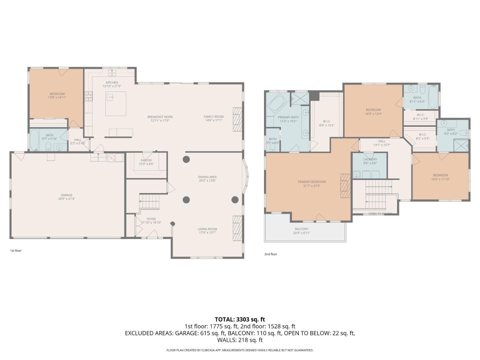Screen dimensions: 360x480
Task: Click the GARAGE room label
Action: [67, 195]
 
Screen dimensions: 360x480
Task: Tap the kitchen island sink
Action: [110, 97]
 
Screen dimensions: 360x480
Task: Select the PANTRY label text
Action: [146, 160]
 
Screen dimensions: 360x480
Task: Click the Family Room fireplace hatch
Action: [237, 116]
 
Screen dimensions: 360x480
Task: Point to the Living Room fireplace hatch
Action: [237, 228]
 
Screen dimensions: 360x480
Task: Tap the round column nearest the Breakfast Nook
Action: [186, 159]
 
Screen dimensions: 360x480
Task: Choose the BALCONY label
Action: [302, 229]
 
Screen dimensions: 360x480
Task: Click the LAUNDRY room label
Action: [370, 159]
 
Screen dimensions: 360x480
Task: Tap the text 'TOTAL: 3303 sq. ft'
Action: [240, 319]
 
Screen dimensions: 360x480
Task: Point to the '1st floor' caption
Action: [16, 251]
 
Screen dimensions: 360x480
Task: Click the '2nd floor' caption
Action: [271, 254]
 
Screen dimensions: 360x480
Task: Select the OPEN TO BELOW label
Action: [380, 214]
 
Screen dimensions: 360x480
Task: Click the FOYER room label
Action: [151, 219]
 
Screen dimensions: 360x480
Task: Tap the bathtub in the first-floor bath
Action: [34, 140]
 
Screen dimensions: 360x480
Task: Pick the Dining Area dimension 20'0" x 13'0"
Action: [207, 181]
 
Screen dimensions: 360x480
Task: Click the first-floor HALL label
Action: [78, 140]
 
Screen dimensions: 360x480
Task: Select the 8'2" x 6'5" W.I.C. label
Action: [422, 138]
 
